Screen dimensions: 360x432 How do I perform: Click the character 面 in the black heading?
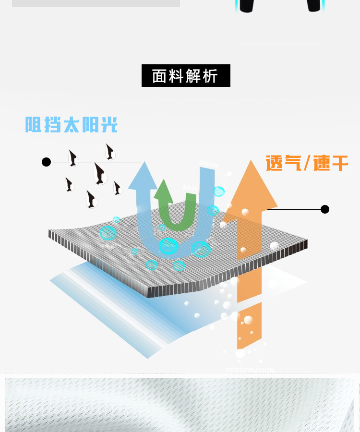pos(159,76)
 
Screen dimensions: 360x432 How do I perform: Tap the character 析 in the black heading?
pos(210,76)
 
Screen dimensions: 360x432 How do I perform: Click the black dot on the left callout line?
pos(47,162)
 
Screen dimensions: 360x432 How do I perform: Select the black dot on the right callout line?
pos(325,209)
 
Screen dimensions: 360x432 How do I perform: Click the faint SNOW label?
pos(209,164)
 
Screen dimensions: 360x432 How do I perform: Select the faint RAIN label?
pos(190,187)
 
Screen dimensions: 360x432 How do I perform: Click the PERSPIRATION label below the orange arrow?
pos(250,370)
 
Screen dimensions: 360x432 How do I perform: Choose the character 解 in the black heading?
pos(193,76)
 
